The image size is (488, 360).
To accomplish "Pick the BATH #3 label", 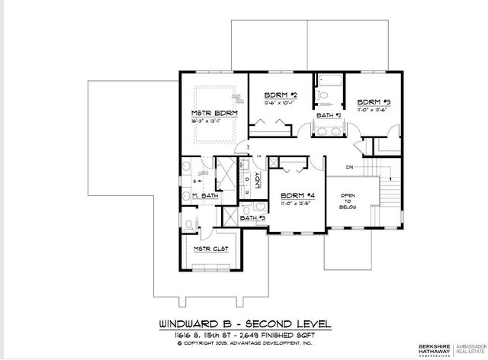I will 252,218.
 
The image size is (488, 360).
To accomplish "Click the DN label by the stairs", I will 349,166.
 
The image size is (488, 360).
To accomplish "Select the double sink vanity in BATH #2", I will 330,131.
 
